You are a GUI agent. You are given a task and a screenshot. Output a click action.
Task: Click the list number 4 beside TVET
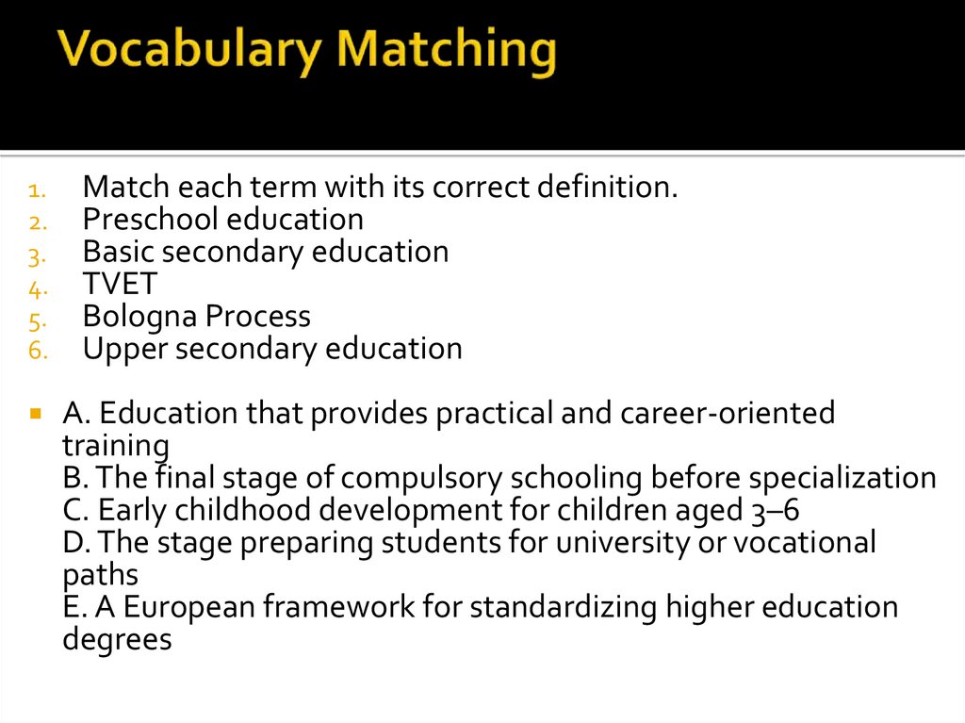tap(35, 287)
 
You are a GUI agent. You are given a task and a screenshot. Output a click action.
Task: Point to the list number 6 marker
tap(35, 351)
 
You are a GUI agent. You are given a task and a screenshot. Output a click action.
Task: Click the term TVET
tap(120, 284)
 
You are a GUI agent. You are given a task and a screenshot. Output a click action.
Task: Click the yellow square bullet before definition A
tap(35, 414)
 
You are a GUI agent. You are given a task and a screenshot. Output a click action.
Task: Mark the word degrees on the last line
tap(117, 640)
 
